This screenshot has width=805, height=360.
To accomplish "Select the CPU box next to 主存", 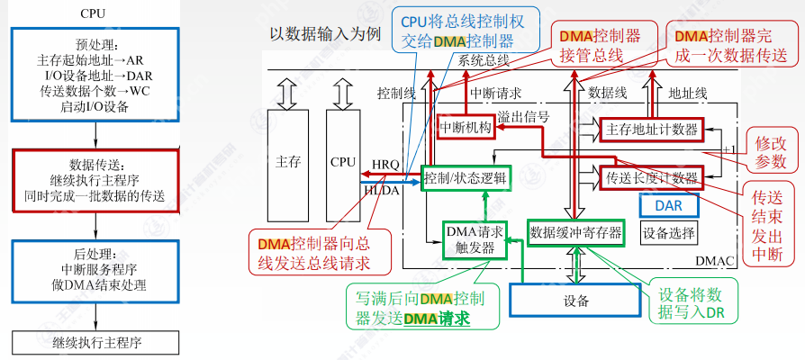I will pos(343,162).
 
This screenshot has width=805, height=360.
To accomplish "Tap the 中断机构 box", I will pos(466,129).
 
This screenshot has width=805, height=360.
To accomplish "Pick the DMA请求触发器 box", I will pos(475,239).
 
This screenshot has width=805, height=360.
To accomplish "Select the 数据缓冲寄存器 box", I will pos(576,233).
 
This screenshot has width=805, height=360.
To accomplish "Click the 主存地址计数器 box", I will pos(653,130).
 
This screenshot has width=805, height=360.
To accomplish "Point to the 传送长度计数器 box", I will pos(653,176).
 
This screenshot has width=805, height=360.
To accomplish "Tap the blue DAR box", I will pos(668,205).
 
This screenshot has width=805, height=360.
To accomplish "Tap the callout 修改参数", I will pos(770,152).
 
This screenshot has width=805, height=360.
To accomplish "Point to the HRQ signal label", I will pos(385,164).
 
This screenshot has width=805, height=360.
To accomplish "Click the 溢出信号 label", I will pos(523,117).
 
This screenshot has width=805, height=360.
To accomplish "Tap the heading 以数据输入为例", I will pos(325,33).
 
